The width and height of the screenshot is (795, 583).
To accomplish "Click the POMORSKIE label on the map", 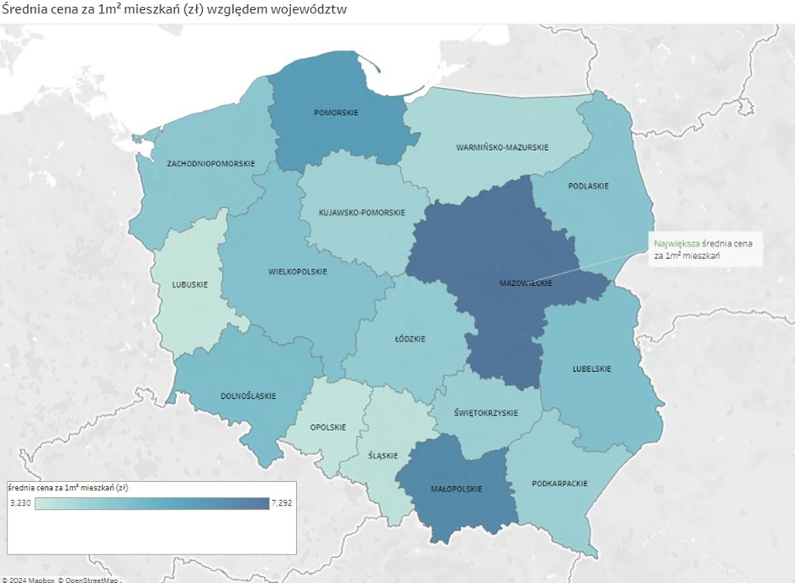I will click(x=336, y=112).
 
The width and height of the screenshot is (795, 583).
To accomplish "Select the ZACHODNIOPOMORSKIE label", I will click(x=210, y=163).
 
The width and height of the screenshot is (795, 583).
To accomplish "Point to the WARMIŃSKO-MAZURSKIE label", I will click(x=502, y=147).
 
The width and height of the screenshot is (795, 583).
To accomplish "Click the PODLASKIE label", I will click(x=588, y=186).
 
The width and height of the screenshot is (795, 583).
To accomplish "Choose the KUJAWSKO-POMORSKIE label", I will click(x=362, y=213).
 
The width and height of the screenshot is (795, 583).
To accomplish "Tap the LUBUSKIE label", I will click(x=189, y=284).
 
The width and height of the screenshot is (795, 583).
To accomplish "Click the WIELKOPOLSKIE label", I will click(x=298, y=272).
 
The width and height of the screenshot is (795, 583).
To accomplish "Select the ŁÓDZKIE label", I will click(x=410, y=339).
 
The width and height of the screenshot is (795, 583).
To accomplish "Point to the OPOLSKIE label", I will click(x=327, y=427).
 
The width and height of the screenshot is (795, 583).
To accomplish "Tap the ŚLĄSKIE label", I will click(x=383, y=455).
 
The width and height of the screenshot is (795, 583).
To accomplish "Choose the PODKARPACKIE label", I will click(x=559, y=484).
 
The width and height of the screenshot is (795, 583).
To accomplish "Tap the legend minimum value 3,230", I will click(x=20, y=502).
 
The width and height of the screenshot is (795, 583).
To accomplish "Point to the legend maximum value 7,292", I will click(x=281, y=502).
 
